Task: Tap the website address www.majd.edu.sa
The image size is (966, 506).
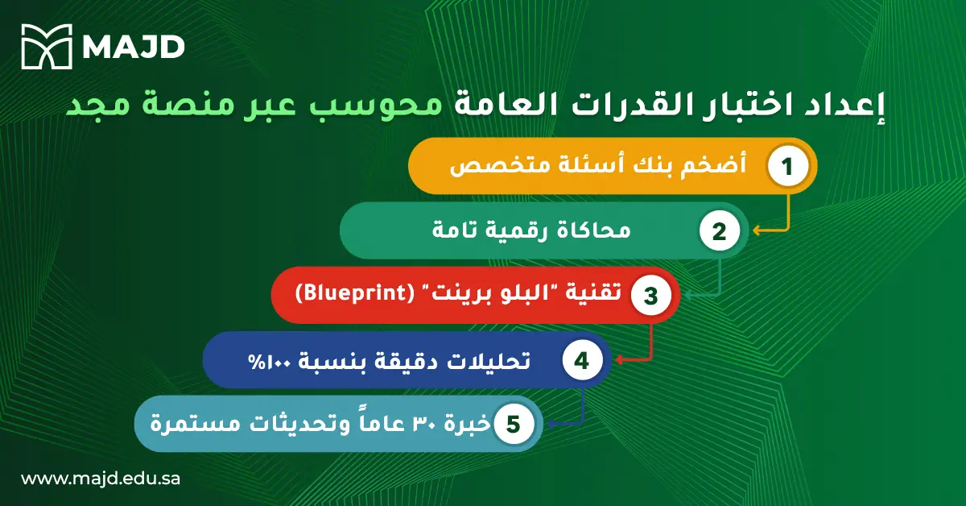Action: (x=100, y=478)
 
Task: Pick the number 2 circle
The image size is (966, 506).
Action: (x=719, y=231)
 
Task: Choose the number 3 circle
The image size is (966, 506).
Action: (x=650, y=295)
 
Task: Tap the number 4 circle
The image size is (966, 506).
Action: (x=581, y=359)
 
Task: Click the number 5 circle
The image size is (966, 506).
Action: (x=513, y=423)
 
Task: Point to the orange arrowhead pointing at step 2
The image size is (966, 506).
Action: (x=757, y=231)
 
